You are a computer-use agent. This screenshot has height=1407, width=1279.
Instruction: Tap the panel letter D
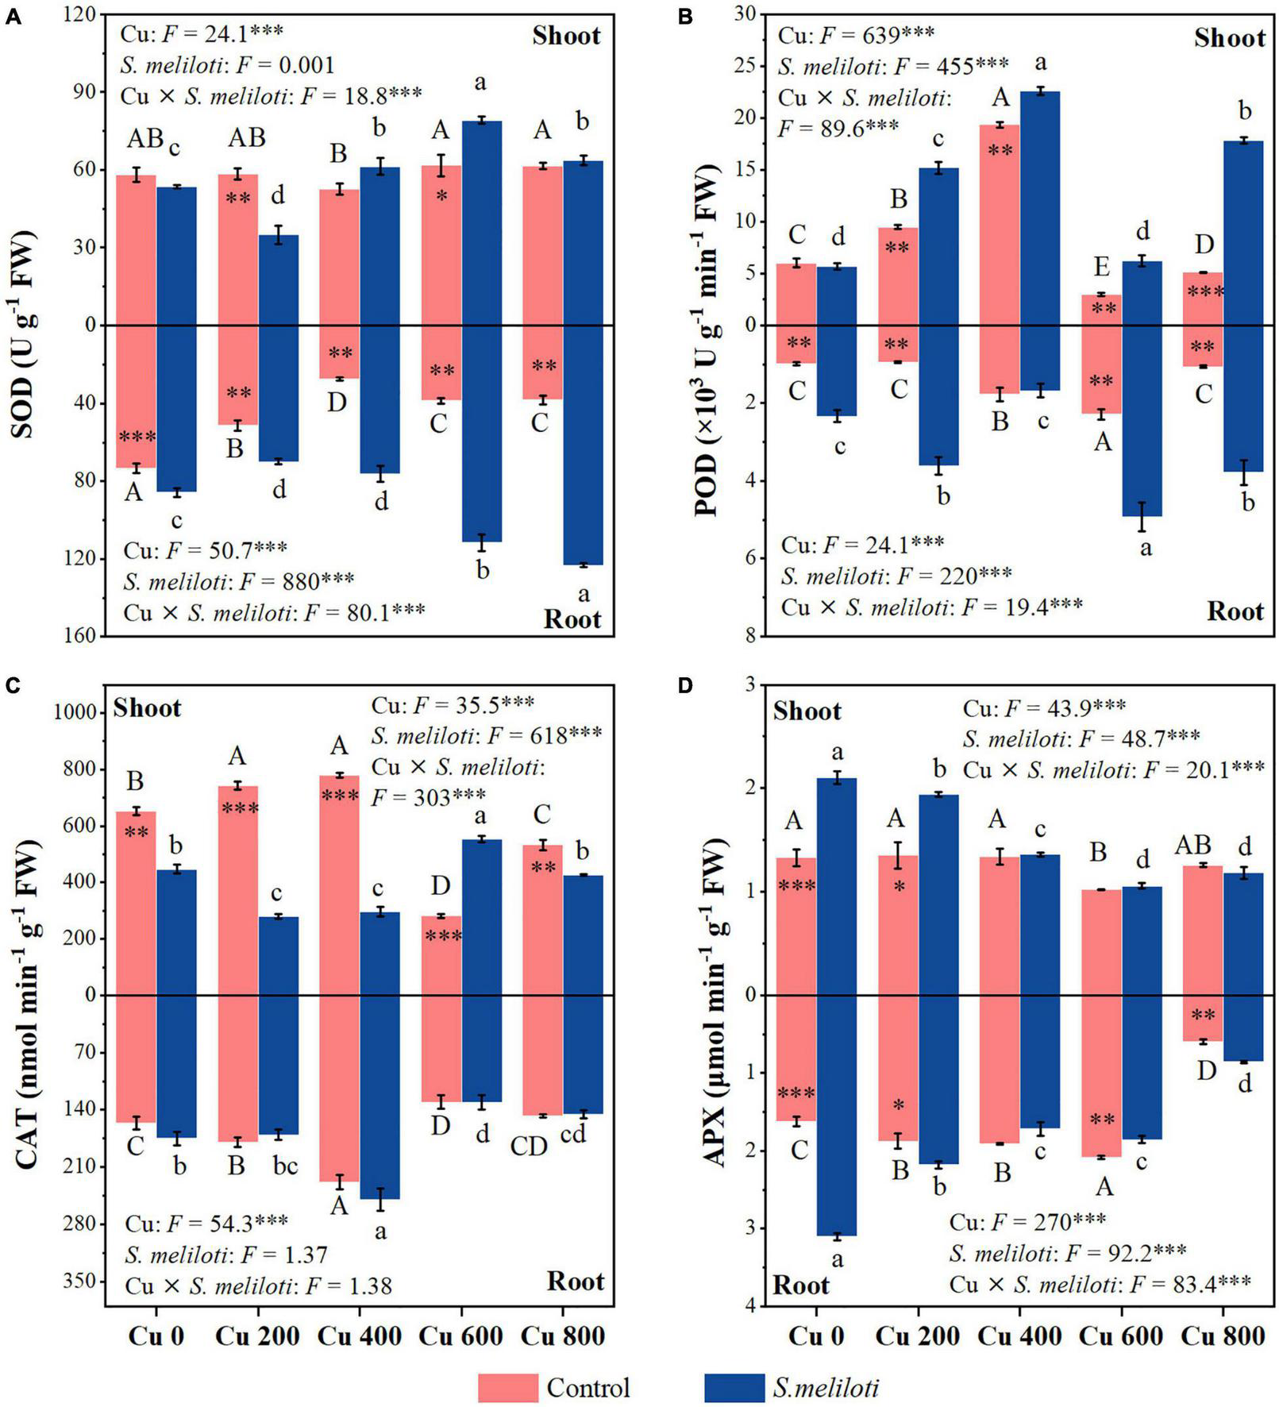tap(685, 686)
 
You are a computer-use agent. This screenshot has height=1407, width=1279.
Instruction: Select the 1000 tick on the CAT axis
tap(75, 713)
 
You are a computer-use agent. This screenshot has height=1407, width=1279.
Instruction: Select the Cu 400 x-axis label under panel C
tap(359, 1336)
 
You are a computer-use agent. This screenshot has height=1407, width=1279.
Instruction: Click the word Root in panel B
tap(1235, 611)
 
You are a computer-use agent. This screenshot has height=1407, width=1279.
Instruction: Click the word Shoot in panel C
tap(147, 707)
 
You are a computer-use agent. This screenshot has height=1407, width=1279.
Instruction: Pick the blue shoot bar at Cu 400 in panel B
tap(1040, 206)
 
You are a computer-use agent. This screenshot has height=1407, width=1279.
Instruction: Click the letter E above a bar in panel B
tap(1102, 264)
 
